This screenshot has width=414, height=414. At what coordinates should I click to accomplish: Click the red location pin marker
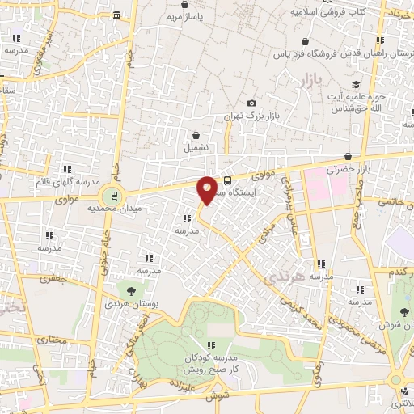pos(207,188)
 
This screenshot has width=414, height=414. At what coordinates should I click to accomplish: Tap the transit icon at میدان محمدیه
pos(114,195)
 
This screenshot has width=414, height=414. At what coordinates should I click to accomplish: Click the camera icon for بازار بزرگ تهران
pos(252,103)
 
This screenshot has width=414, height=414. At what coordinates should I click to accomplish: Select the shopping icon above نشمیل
pos(196,136)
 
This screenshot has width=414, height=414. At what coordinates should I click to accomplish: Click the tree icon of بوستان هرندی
pos(131,289)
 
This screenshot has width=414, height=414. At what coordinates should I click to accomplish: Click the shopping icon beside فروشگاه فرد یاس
pos(304,42)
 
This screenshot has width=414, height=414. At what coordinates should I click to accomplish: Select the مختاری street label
pos(49,339)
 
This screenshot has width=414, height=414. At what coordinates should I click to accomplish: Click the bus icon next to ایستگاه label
pos(227,180)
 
